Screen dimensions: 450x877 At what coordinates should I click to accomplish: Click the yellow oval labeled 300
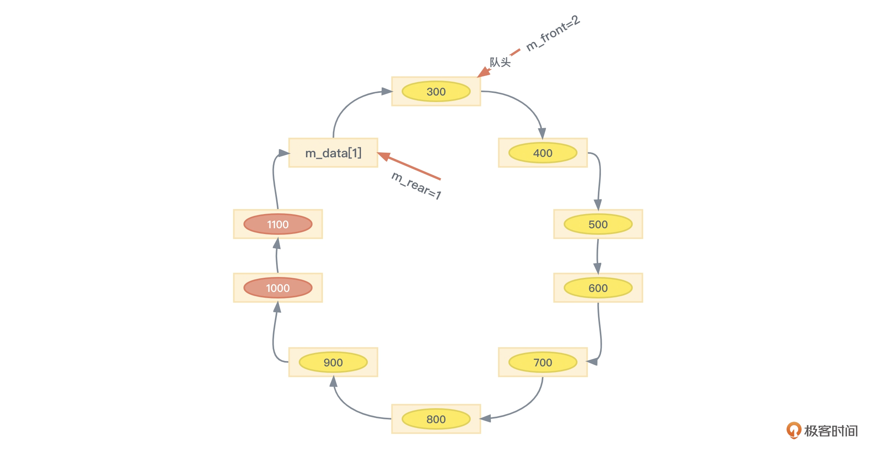(436, 92)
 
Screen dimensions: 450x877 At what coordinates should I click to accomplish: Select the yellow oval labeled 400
(543, 153)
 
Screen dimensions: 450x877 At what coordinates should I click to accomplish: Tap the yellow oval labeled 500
(598, 224)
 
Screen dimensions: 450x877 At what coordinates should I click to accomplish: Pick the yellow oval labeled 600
(598, 288)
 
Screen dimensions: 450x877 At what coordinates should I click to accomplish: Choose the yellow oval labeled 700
(543, 363)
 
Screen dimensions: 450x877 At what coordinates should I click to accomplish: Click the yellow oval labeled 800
(436, 419)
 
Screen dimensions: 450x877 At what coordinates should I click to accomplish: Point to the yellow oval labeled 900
(333, 363)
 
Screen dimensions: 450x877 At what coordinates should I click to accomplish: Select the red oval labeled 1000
(278, 288)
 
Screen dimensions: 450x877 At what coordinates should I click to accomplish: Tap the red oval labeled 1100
(278, 224)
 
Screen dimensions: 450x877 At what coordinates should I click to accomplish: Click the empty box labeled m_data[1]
(333, 153)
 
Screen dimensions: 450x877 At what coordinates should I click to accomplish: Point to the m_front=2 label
(553, 33)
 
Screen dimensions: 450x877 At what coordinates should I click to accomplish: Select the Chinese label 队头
(500, 62)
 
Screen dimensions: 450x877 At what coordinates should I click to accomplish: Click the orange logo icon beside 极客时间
(793, 430)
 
